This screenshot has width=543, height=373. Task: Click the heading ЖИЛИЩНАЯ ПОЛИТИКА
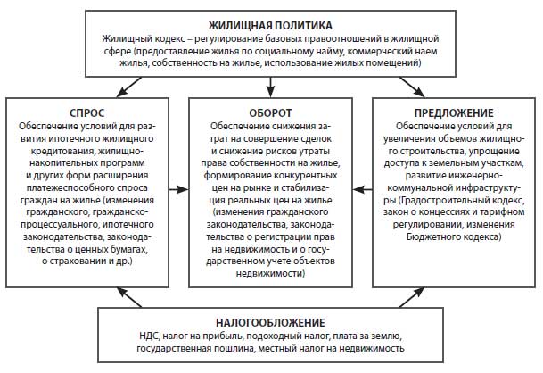pos(270,26)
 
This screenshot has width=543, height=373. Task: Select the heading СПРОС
pos(86,113)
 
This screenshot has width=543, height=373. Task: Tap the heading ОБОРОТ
pos(270,113)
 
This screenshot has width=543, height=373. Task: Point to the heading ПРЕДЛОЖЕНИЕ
pos(454,113)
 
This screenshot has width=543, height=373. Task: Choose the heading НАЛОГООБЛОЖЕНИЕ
pos(270,323)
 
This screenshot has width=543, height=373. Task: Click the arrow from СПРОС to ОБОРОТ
pos(178,189)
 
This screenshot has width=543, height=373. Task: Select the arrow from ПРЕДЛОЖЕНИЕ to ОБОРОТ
pos(363,189)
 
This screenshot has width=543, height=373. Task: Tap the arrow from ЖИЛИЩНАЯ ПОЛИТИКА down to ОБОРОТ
pos(271,87)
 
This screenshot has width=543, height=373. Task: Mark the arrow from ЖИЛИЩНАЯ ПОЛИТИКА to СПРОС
pos(128,87)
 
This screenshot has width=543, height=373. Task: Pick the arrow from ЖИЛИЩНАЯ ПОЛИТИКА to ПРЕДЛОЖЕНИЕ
pos(412,87)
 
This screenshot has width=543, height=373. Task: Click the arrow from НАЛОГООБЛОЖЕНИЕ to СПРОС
pos(128,297)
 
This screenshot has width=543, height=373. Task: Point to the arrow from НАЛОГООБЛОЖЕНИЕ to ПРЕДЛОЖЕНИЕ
pos(412,297)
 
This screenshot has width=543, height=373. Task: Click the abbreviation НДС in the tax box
pos(149,336)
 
